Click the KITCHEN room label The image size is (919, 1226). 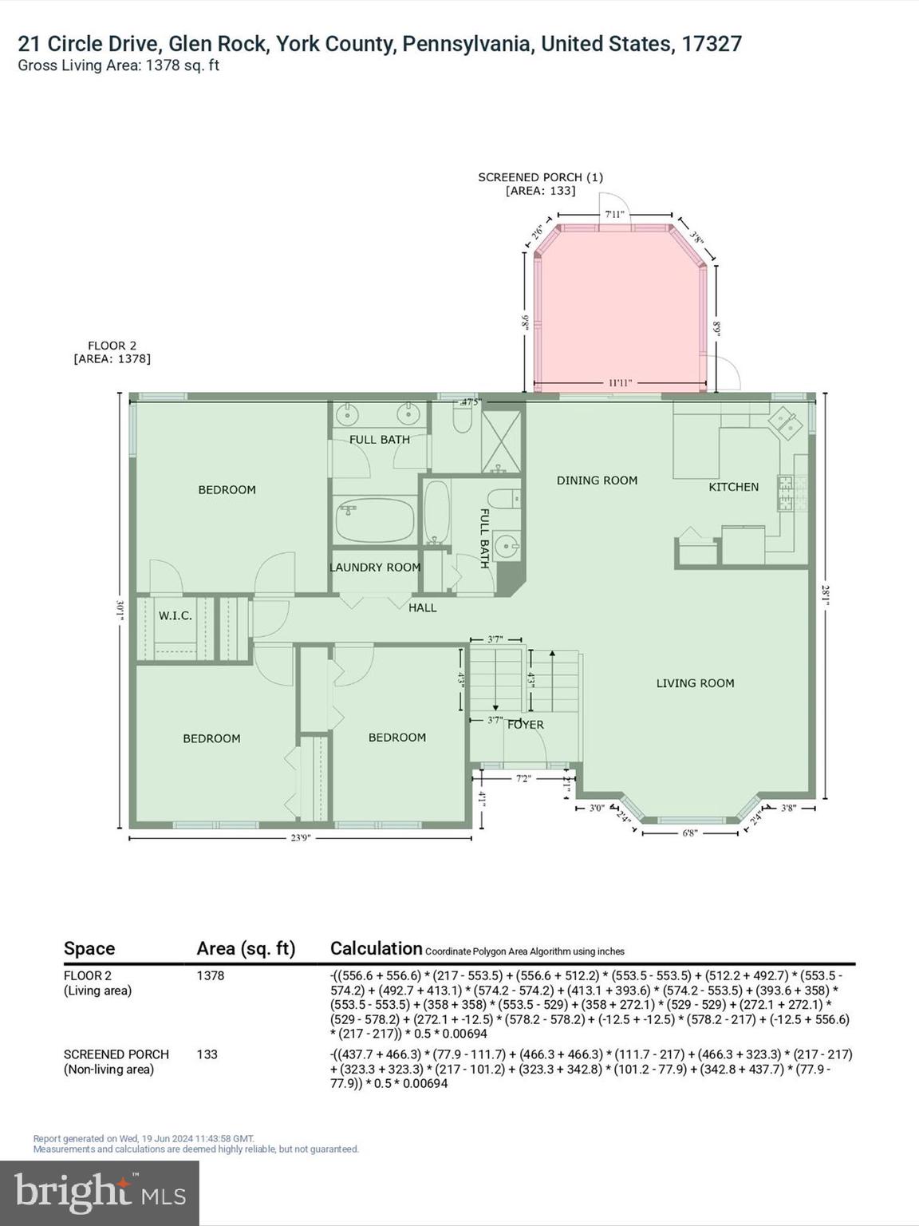(733, 486)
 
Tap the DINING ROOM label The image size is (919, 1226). (597, 480)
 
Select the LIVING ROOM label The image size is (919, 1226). (695, 682)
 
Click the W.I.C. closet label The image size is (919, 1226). (175, 615)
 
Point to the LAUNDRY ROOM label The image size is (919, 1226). (375, 567)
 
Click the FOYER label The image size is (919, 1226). (526, 724)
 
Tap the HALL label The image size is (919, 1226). (422, 607)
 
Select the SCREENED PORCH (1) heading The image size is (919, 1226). (540, 177)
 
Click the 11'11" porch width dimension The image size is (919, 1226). (620, 383)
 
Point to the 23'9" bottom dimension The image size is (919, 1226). (300, 837)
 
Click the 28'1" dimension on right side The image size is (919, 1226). (825, 595)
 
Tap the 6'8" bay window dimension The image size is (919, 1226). (690, 832)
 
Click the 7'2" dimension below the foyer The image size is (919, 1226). (523, 778)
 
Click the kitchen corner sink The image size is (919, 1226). (785, 422)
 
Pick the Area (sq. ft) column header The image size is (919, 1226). (246, 948)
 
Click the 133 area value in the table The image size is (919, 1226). (207, 1054)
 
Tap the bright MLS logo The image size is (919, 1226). (100, 1192)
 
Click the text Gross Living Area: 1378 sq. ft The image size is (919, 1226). (119, 65)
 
